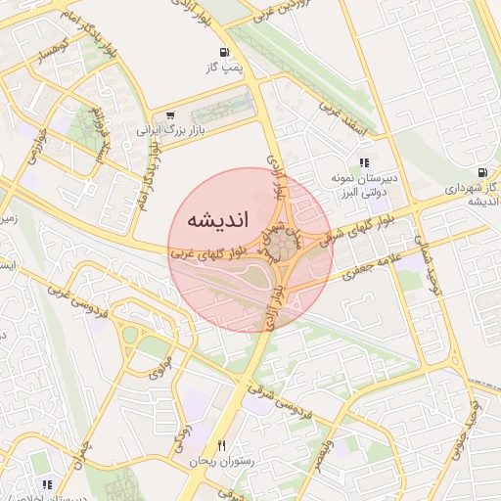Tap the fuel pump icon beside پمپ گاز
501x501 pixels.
coord(226,52)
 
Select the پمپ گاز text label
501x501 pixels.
coord(223,68)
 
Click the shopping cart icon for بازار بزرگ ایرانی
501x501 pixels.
coord(171,114)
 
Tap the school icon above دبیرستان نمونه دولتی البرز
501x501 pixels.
coord(364,163)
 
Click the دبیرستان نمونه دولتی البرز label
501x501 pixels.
coord(363,186)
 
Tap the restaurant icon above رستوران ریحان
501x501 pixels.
coord(222,445)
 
